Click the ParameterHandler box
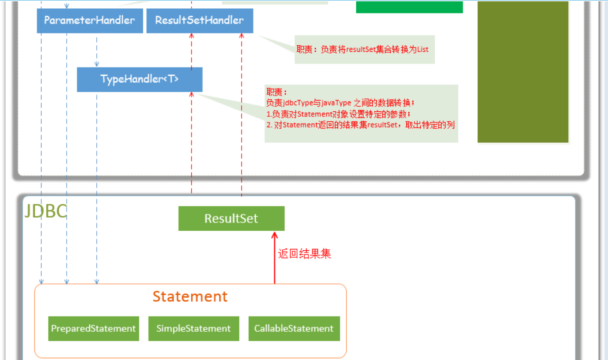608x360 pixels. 90,20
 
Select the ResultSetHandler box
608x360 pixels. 199,20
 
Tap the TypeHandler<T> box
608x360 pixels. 139,79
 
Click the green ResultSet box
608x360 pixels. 231,219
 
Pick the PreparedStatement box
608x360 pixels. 94,329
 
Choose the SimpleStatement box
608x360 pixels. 194,329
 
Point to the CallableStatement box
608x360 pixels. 294,329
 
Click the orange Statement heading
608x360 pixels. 190,296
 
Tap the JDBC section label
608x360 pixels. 45,212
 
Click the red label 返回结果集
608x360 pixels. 304,254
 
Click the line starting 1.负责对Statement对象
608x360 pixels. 338,114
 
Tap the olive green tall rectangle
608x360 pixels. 523,72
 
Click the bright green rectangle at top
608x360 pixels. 409,7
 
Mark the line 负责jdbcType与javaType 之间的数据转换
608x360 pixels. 341,103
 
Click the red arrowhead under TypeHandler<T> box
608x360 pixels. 191,94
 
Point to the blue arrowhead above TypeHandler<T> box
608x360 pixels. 97,64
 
